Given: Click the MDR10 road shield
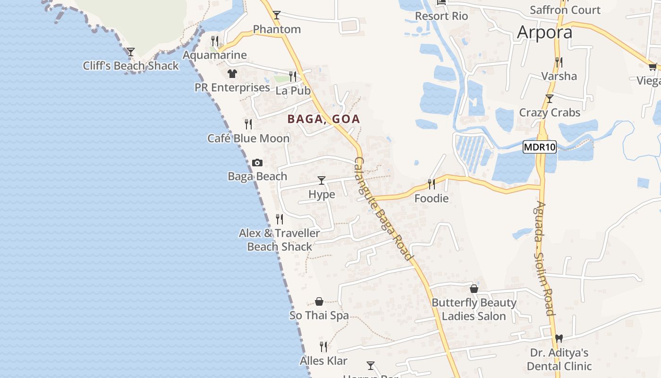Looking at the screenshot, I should tap(540, 147).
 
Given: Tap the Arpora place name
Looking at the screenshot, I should tap(544, 32).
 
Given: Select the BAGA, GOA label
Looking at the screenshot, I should tap(323, 119).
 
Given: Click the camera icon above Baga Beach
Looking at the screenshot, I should tap(257, 163).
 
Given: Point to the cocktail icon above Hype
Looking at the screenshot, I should tap(322, 180).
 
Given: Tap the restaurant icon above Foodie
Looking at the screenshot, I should tap(431, 184).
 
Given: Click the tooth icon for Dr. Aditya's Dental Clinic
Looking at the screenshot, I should tap(559, 338).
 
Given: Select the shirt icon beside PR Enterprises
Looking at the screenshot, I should tap(232, 73).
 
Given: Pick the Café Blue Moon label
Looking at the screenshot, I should tap(248, 138).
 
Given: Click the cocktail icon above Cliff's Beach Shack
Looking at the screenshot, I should tap(131, 52).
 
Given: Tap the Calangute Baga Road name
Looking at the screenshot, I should tap(383, 208).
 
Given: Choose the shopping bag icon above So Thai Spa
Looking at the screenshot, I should tap(319, 301).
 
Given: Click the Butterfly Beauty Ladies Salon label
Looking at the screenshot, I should tap(474, 309).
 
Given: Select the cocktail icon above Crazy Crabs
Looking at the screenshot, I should tap(549, 99).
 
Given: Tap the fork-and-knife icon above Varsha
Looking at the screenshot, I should tap(559, 62).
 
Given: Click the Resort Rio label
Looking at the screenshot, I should tap(441, 16).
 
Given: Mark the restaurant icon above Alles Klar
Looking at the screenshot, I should tap(323, 347).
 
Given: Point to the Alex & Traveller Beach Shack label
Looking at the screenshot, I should tap(280, 240).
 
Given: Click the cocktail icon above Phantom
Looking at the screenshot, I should tap(277, 15).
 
